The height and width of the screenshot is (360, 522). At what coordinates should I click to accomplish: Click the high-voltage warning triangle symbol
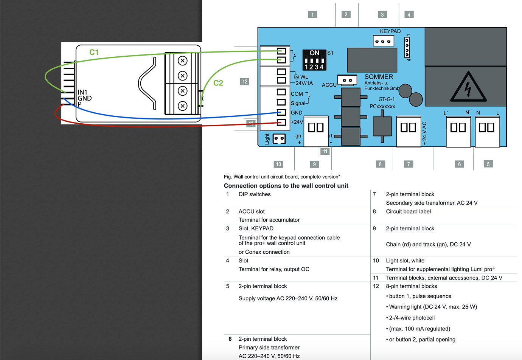click(x=468, y=88)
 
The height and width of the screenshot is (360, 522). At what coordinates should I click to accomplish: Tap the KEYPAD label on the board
click(x=390, y=31)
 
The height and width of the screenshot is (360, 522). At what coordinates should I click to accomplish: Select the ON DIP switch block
click(x=314, y=60)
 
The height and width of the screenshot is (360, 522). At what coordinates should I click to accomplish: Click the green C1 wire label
click(x=94, y=53)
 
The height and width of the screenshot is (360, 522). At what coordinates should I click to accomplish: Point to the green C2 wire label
click(x=218, y=83)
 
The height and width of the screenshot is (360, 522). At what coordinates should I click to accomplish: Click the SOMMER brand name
click(x=379, y=77)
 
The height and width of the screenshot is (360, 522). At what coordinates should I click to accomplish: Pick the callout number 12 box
click(x=245, y=82)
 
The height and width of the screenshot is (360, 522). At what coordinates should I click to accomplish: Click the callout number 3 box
click(x=382, y=15)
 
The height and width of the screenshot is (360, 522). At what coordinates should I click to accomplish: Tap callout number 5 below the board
click(x=488, y=164)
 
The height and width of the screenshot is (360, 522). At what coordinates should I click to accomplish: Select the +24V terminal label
click(x=297, y=122)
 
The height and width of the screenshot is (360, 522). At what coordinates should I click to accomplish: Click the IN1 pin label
click(x=82, y=92)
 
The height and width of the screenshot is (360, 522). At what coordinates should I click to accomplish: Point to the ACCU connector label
click(x=329, y=85)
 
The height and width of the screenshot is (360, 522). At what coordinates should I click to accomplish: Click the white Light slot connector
click(x=279, y=139)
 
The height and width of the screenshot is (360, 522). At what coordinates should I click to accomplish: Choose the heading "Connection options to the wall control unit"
click(x=286, y=186)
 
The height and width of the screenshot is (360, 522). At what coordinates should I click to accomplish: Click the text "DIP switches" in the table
click(x=255, y=194)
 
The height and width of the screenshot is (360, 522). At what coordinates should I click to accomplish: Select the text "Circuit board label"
click(x=408, y=211)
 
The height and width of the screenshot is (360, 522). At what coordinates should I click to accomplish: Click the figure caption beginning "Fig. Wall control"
click(x=282, y=177)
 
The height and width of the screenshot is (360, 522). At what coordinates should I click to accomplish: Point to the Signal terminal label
click(x=298, y=103)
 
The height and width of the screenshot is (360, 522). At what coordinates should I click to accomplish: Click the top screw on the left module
click(x=183, y=61)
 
